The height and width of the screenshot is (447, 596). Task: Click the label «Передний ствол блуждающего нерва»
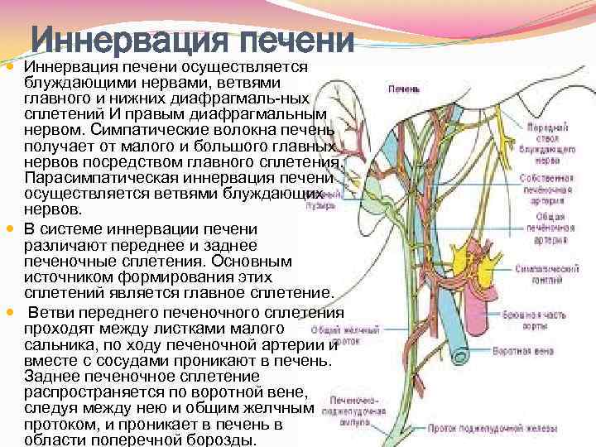(x=546, y=140)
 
